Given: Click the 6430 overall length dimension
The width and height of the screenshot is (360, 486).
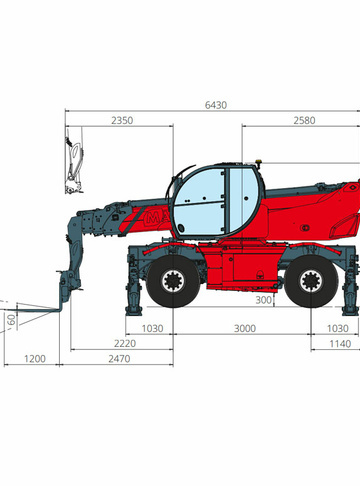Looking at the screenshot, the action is (216, 105).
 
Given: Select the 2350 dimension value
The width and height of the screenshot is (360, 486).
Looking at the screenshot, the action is (122, 120).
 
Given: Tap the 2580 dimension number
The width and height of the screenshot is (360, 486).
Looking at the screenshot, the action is (304, 120).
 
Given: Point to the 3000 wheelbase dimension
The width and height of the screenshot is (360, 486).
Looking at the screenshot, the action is (245, 328).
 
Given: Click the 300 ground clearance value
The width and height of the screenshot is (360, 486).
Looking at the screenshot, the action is (263, 300).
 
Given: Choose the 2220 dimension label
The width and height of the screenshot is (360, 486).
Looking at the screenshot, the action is (125, 343).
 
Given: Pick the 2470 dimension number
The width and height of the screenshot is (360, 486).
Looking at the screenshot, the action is (119, 359).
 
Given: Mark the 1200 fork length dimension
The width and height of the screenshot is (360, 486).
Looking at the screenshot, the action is (35, 359).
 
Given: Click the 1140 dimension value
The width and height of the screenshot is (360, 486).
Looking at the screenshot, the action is (340, 344).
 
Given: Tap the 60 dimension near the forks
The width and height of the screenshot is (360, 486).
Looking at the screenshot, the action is (12, 320).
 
